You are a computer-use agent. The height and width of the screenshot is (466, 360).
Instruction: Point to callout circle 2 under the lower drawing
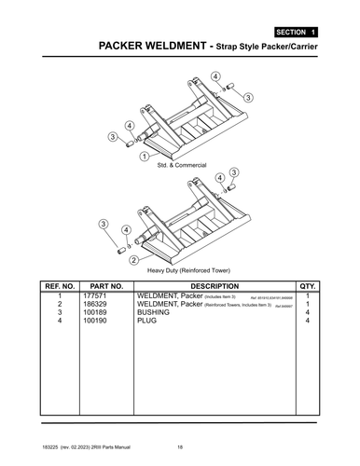point(135,258)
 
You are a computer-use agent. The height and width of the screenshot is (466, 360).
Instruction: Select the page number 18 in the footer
point(180,445)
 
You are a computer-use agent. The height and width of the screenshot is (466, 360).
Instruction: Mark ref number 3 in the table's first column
point(60,313)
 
